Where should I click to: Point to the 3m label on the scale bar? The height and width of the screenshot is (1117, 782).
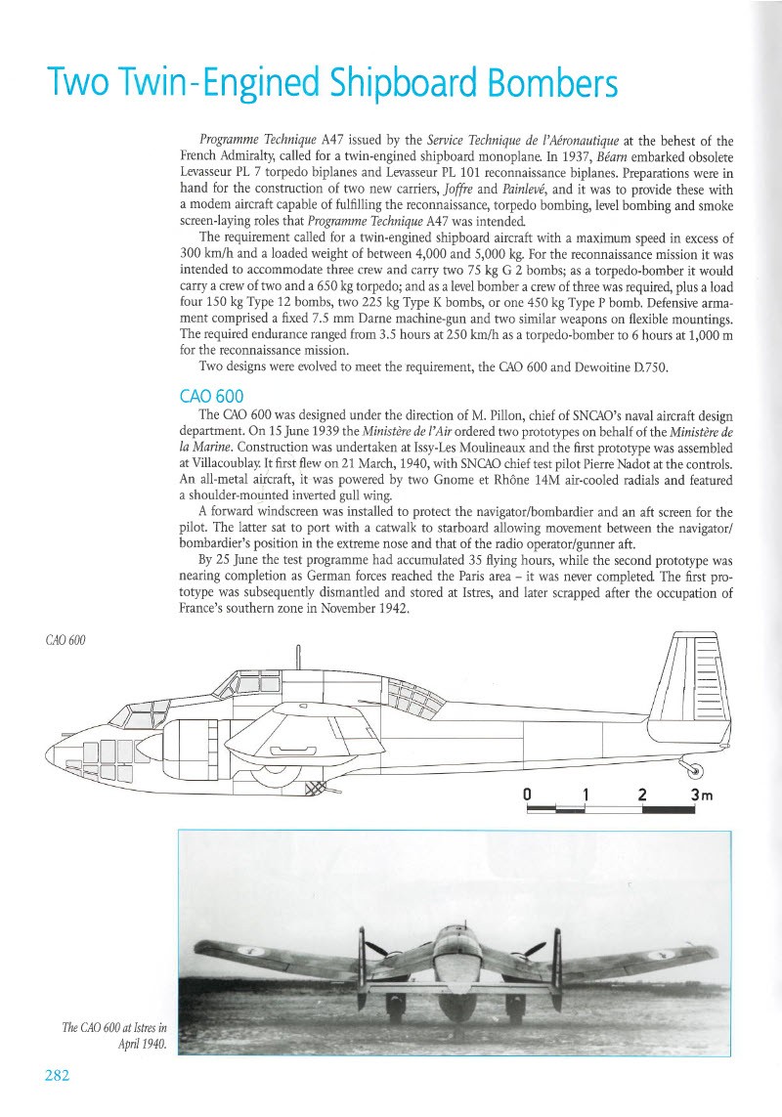703,794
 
